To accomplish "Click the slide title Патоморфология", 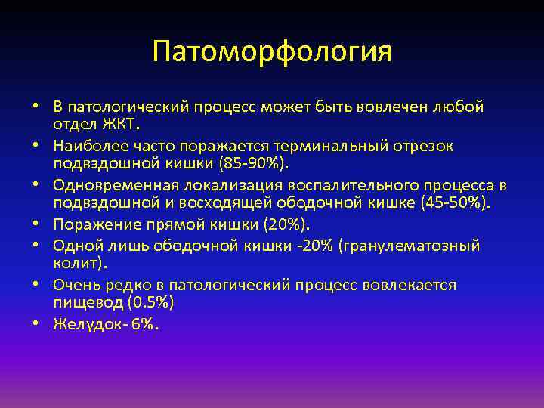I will coord(272,53).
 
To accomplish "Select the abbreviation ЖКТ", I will coord(115,124).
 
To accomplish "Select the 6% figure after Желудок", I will coord(145,324).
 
